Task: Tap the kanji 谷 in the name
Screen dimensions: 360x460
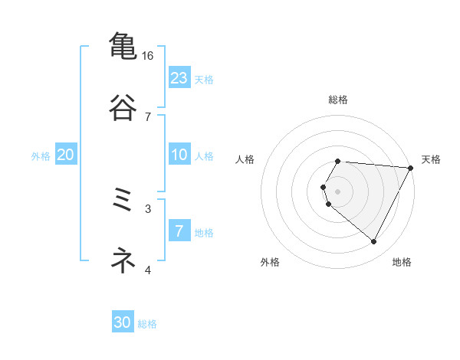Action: tap(123, 107)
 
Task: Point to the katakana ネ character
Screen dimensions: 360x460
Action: tap(123, 261)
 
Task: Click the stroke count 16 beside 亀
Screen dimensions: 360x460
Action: tap(148, 56)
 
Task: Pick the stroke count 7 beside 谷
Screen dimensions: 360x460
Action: tap(148, 116)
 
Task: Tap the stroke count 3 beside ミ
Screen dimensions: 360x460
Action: tap(148, 208)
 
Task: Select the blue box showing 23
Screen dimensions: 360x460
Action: tap(179, 78)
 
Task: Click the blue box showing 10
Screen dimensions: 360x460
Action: tap(179, 155)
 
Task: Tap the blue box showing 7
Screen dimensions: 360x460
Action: tap(179, 231)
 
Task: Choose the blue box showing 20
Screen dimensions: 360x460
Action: tap(65, 155)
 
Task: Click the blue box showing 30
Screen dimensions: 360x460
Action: tap(123, 322)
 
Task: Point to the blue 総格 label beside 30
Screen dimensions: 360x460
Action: tap(147, 324)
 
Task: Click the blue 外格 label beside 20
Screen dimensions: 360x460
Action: tap(41, 156)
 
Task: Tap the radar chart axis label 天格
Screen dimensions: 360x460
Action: tap(431, 159)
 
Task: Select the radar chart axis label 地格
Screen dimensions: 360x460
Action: tap(402, 263)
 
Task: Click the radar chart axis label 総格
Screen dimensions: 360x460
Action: tap(338, 100)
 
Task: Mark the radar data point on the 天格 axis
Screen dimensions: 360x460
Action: tap(411, 167)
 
